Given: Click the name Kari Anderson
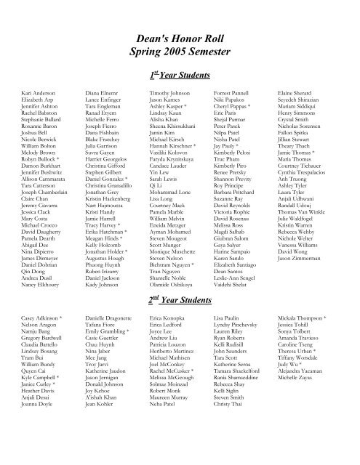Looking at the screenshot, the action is click(x=39, y=94).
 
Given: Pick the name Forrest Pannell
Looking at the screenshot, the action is click(x=231, y=94).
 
